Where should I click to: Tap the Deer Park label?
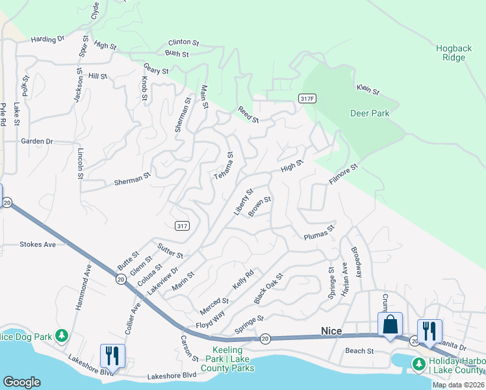[370, 113]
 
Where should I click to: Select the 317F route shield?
[307, 98]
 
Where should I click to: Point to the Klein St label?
[367, 90]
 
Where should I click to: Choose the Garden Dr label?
[36, 141]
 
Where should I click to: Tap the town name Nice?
[331, 331]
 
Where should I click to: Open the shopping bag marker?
[390, 324]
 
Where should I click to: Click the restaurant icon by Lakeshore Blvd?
[112, 356]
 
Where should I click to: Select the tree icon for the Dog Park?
[62, 335]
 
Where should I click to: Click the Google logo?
[21, 382]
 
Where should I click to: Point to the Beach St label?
[359, 351]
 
